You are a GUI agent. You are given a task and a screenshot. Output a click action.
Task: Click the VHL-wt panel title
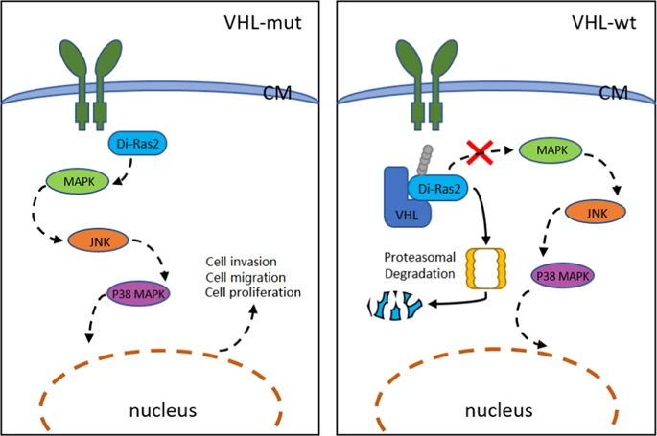pos(603,21)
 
